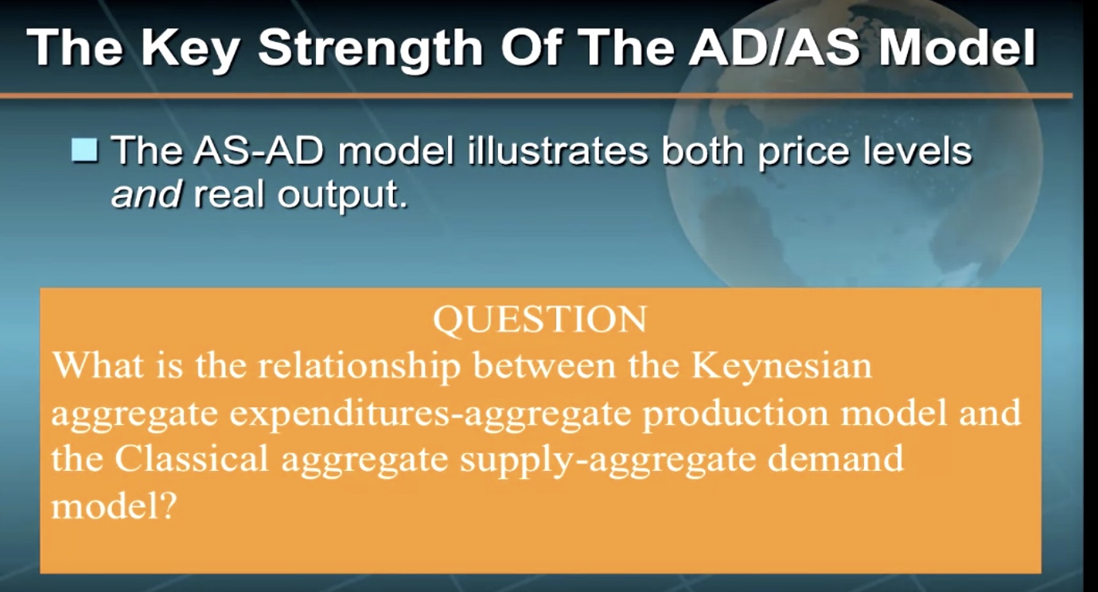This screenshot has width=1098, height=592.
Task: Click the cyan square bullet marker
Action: click(x=84, y=150)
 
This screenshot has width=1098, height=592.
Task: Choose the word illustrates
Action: click(x=557, y=151)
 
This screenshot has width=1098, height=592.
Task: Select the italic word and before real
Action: click(x=146, y=195)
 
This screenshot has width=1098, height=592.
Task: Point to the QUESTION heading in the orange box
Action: click(x=539, y=319)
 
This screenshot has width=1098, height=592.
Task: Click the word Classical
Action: click(x=192, y=458)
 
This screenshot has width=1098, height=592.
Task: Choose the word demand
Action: click(x=835, y=458)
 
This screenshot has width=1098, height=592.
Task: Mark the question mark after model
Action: click(x=167, y=506)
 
